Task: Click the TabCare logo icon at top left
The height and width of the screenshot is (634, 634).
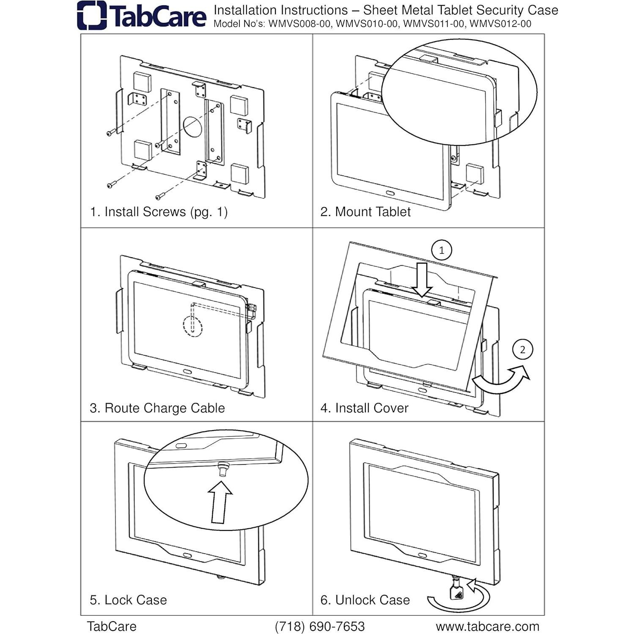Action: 92,16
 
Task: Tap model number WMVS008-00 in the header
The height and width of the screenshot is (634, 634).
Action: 299,24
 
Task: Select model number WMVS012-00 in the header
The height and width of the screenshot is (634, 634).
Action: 500,24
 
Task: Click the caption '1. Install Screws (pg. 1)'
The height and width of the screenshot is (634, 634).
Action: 159,211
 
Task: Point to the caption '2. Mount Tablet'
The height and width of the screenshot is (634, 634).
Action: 365,211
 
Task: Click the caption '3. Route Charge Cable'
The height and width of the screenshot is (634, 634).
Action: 157,408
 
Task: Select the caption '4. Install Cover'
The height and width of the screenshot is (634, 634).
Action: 364,408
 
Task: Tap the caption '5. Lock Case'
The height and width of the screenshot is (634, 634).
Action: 128,600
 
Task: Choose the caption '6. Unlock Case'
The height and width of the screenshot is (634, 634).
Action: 365,600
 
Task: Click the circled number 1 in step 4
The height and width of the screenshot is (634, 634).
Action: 442,250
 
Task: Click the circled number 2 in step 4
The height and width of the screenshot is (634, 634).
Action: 522,350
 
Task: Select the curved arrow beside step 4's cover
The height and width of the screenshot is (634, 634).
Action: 501,379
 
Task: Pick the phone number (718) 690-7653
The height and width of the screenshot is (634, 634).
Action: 320,626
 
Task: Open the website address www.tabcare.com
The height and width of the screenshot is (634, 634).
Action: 487,626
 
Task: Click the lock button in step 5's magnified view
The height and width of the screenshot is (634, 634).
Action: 222,469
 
